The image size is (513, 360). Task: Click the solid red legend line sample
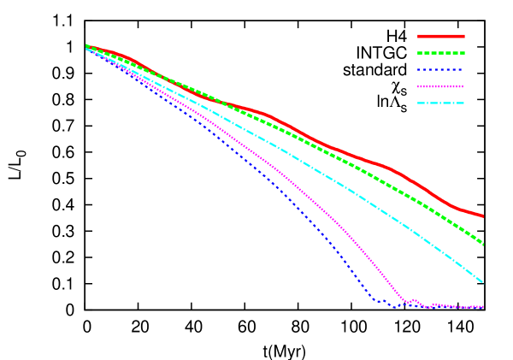tap(441, 37)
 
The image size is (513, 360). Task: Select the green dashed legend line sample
tap(441, 53)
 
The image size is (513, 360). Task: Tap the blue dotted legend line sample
tap(441, 70)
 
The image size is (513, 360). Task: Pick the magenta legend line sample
tap(441, 86)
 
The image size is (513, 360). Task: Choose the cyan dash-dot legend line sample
tap(441, 103)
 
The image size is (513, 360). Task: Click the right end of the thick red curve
tap(483, 216)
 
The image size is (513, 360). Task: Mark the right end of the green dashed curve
tap(484, 245)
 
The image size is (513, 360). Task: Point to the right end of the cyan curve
tap(483, 282)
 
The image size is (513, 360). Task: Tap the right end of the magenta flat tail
tap(483, 307)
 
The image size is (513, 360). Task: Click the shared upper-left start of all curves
tap(87, 47)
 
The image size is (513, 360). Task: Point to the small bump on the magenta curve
tap(415, 300)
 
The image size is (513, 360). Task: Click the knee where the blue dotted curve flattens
tap(373, 298)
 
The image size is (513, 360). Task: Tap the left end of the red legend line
tap(418, 37)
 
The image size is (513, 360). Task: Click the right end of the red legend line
tap(464, 37)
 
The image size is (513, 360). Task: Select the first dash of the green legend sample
tap(421, 53)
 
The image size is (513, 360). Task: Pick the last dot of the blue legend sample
tap(461, 70)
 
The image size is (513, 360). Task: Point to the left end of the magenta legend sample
tap(418, 86)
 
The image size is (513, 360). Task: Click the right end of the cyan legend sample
tap(464, 103)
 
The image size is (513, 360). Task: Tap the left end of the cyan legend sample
tap(418, 103)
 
